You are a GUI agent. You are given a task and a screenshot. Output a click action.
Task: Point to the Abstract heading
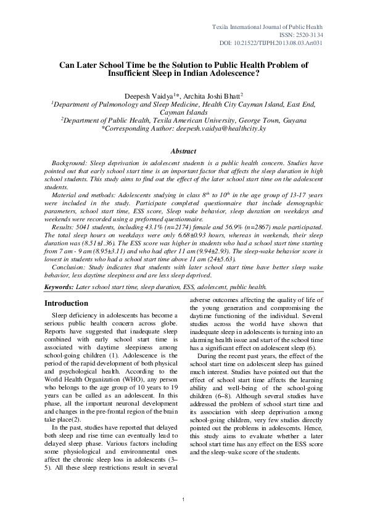pos(183,151)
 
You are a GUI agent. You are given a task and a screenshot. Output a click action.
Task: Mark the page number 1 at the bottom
pos(184,507)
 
